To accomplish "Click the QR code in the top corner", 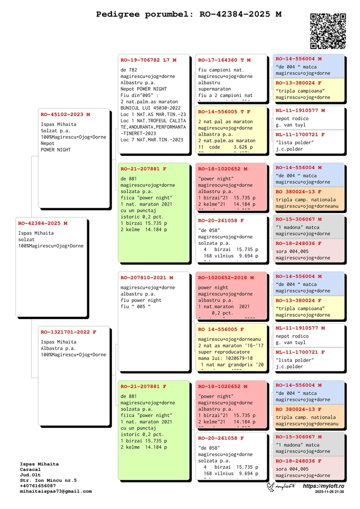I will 328,31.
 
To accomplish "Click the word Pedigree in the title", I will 118,14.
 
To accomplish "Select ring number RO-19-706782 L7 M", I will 148,60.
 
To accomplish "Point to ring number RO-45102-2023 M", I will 65,114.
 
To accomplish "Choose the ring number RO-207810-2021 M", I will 147,278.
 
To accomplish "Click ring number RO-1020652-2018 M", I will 226,278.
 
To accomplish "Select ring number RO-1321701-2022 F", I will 68,332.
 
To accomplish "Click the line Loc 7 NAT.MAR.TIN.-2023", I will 152,140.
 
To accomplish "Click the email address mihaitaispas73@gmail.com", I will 56,491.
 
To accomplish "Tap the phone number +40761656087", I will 38,486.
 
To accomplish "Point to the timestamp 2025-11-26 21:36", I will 329,492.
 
